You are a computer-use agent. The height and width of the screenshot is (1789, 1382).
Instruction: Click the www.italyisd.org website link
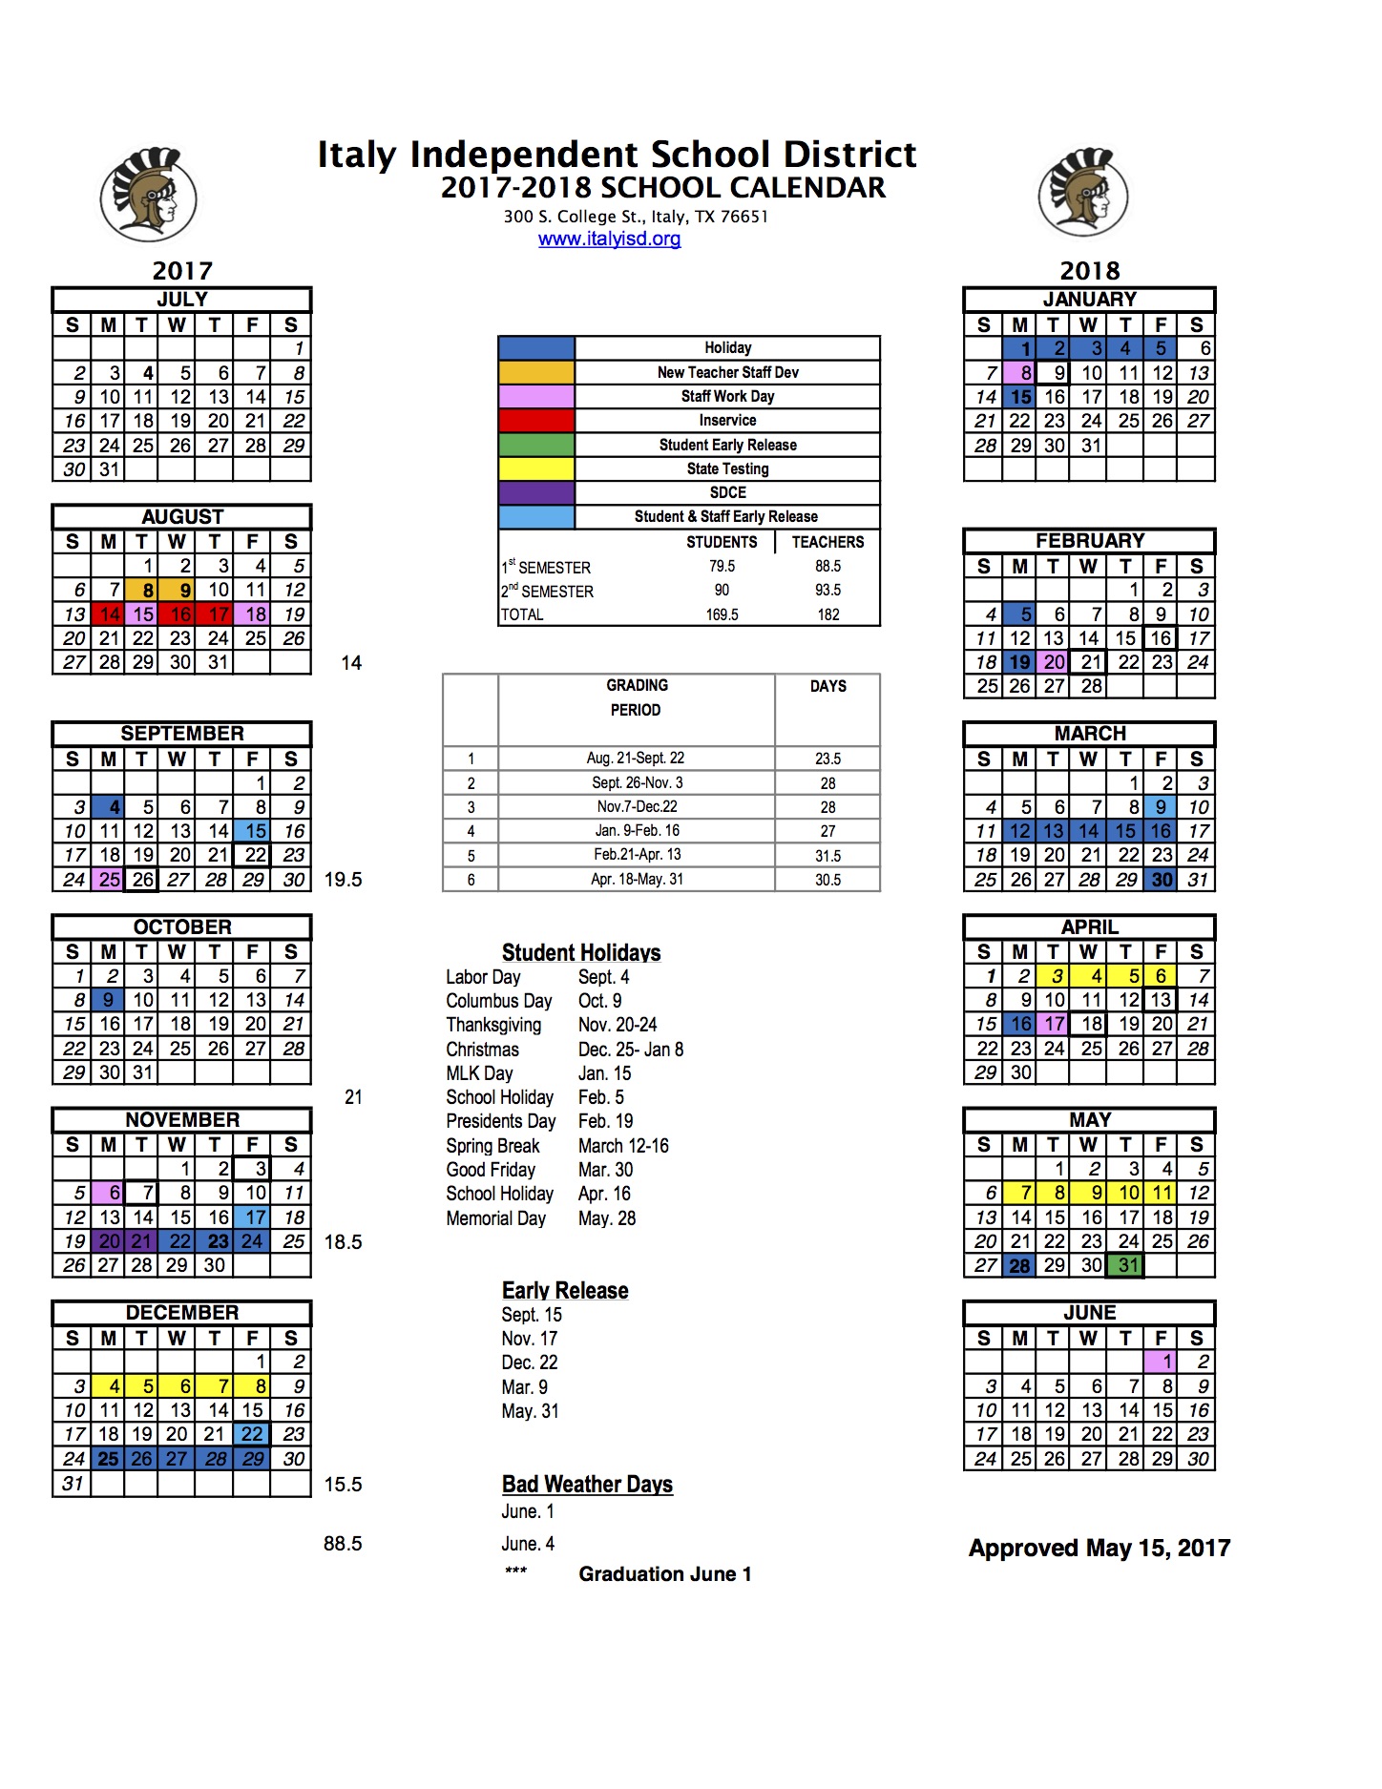pyautogui.click(x=609, y=239)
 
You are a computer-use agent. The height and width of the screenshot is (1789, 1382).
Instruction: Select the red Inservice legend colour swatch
pyautogui.click(x=536, y=421)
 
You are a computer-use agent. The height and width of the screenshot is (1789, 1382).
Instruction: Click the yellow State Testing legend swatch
pyautogui.click(x=536, y=468)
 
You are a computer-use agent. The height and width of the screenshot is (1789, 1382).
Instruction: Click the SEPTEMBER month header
pyautogui.click(x=181, y=734)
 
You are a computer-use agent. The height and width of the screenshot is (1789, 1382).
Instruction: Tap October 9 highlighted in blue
pyautogui.click(x=109, y=1000)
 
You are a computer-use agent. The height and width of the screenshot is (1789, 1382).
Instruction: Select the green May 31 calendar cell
pyautogui.click(x=1128, y=1265)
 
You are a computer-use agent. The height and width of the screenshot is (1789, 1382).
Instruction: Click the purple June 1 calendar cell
pyautogui.click(x=1161, y=1362)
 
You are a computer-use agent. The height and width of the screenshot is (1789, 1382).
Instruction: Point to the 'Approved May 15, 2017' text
pyautogui.click(x=1099, y=1548)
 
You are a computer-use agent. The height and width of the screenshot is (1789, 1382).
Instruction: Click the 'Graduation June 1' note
pyautogui.click(x=664, y=1574)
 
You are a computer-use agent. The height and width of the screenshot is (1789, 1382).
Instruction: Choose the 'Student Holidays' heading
pyautogui.click(x=581, y=952)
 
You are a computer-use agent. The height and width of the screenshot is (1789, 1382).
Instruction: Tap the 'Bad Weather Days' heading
pyautogui.click(x=587, y=1485)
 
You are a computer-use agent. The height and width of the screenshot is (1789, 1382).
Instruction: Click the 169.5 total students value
pyautogui.click(x=722, y=614)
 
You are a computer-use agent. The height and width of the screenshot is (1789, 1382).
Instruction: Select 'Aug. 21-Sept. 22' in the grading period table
pyautogui.click(x=635, y=759)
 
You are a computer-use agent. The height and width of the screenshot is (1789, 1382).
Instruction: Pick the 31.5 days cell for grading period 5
pyautogui.click(x=827, y=856)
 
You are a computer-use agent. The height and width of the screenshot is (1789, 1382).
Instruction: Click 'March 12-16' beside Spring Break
pyautogui.click(x=623, y=1146)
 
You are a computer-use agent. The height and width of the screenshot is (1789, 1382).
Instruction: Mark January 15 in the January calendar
pyautogui.click(x=1020, y=397)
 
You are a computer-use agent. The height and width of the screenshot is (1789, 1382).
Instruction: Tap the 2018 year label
pyautogui.click(x=1089, y=271)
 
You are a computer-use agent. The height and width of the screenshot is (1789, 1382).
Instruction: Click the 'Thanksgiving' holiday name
pyautogui.click(x=493, y=1025)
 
